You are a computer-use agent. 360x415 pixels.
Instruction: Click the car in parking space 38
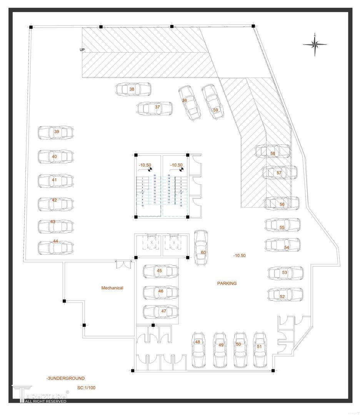coord(133,90)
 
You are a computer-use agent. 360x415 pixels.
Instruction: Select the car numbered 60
coord(201,248)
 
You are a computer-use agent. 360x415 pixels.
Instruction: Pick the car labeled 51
coord(260,349)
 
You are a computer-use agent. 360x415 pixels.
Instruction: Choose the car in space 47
coord(160,312)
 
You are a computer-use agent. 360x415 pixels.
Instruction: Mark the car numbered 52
coord(285,295)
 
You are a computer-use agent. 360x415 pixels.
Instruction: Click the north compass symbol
coord(315,45)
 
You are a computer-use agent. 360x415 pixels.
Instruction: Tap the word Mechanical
coord(112,288)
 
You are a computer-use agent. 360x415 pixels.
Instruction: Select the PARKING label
coord(227,283)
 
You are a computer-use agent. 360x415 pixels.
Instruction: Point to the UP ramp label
coord(82,50)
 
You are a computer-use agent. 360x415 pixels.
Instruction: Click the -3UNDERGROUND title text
coord(65,378)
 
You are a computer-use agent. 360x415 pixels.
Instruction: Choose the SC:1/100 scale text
coord(86,388)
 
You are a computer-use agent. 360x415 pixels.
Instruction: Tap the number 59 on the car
coord(215,110)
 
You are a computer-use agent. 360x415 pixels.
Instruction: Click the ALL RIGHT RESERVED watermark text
coord(46,401)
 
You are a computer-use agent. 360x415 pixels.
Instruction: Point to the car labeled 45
coord(160,271)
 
